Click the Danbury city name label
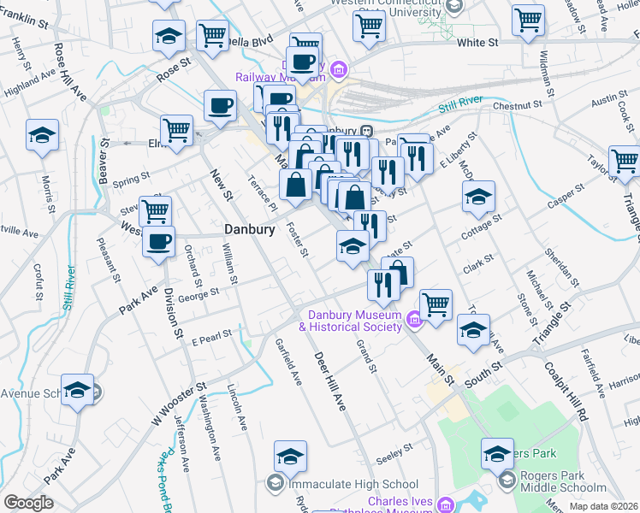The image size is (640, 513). [x=249, y=230]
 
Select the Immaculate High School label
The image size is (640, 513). [x=353, y=484]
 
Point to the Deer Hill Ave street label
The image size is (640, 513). [x=329, y=380]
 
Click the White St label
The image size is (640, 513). [x=477, y=42]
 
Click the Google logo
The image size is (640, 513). [x=28, y=503]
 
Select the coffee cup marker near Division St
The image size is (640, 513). [x=157, y=241]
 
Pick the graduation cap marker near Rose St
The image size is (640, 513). [x=169, y=36]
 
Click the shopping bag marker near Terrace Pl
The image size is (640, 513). [x=295, y=185]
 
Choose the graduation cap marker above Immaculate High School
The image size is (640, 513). [x=290, y=456]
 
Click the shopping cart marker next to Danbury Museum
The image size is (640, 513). [x=436, y=303]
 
